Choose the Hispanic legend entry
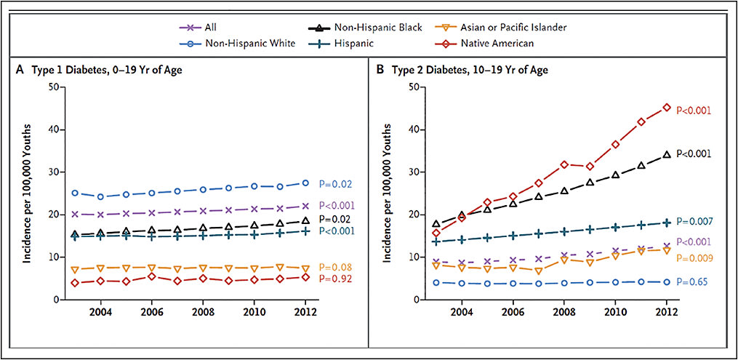tap(370, 43)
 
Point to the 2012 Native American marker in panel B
tap(666, 108)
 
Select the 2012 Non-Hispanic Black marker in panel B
tap(666, 154)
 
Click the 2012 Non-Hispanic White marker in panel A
tap(305, 183)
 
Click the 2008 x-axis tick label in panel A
tap(203, 313)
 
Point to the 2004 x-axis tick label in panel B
tap(461, 313)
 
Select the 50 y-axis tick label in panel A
tap(52, 87)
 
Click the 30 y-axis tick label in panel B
tap(412, 172)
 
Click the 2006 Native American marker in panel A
tap(151, 276)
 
